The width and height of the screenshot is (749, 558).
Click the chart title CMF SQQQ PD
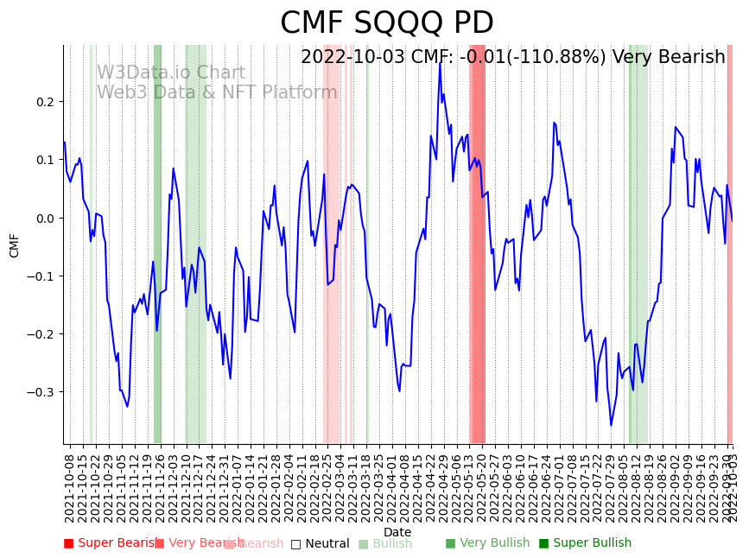386,23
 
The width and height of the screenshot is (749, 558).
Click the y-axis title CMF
15,245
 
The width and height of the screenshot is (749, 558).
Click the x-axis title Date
397,532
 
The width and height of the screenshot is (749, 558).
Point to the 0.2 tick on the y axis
44,102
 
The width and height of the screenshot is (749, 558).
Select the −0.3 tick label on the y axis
41,392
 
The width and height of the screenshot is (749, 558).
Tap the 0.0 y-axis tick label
44,218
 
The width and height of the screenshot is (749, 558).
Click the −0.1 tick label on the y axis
41,276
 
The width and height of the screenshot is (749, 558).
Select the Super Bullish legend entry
585,543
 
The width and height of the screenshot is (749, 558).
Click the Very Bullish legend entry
488,543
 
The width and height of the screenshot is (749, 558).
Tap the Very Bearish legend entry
194,543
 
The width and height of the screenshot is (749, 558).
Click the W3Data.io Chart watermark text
170,73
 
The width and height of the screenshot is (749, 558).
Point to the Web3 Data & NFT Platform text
217,92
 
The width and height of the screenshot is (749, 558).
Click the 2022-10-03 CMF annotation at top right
512,58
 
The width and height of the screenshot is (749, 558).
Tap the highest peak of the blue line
440,64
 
